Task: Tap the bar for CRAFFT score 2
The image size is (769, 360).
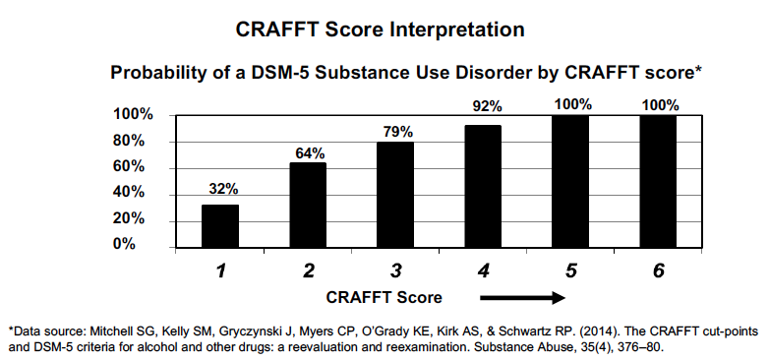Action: point(308,204)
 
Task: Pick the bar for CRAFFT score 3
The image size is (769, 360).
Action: point(395,194)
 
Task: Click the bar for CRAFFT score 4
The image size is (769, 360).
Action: point(484,185)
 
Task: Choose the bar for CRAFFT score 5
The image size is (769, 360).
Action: point(571,180)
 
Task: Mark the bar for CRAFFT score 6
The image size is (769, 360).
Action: point(659,180)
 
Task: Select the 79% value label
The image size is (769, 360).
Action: point(396,131)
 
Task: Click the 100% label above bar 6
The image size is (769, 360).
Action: point(660,104)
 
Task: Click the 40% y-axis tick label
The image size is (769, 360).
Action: point(136,192)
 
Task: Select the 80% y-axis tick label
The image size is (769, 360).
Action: point(136,141)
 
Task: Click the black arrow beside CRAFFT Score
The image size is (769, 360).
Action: point(524,297)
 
